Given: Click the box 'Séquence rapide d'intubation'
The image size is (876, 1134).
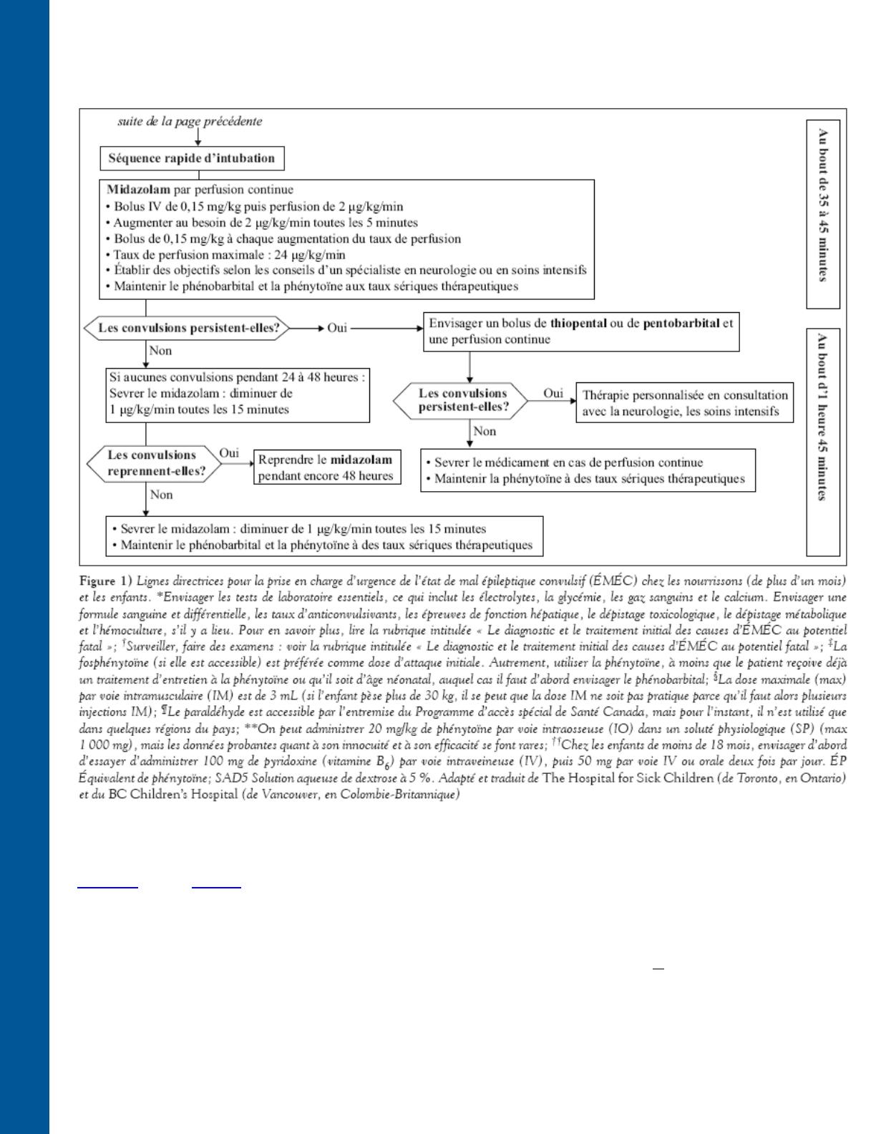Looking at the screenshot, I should click(192, 158).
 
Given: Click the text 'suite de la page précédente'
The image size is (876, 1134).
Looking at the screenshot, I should click(190, 121).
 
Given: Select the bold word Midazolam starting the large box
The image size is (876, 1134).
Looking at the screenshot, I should click(138, 190).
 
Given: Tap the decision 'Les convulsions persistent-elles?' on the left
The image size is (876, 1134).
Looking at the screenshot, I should click(188, 329).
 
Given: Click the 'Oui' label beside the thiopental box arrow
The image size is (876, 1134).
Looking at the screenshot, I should click(337, 328).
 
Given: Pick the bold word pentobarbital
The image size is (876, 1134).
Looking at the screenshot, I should click(681, 323).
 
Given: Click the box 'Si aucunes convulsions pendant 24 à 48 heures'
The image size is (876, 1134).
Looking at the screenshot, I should click(238, 393).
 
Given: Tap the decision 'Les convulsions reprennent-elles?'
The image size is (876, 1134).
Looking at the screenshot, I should click(152, 463).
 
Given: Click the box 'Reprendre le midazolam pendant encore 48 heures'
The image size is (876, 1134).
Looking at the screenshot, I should click(326, 467).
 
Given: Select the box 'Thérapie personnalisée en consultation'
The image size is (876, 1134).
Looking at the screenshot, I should click(684, 403).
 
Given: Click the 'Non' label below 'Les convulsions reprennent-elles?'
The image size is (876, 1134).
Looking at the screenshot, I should click(162, 495).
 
